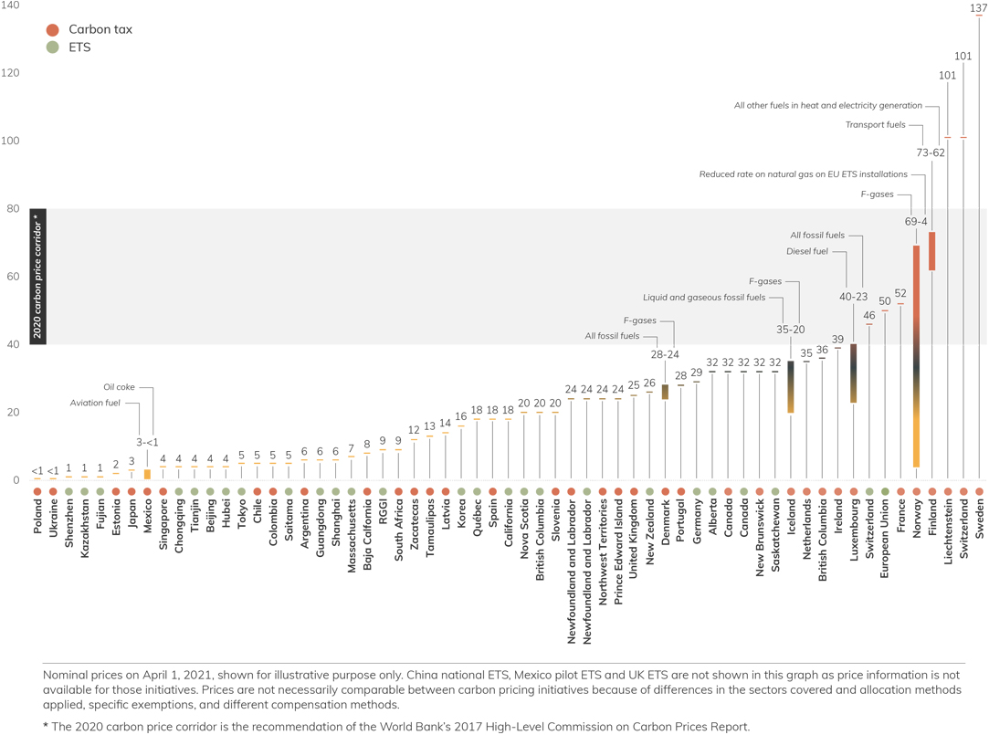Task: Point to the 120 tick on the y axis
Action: click(10, 73)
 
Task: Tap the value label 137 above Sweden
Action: click(978, 8)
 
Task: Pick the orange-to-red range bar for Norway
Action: click(916, 356)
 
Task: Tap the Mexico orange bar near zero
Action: click(147, 474)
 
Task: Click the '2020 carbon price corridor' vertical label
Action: click(37, 277)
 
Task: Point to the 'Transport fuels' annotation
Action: click(875, 125)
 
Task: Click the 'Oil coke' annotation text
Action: click(119, 387)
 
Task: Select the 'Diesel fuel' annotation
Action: click(806, 251)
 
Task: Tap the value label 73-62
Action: click(931, 152)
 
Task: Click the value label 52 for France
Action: click(900, 293)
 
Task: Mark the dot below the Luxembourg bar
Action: click(854, 492)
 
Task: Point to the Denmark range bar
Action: click(665, 392)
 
